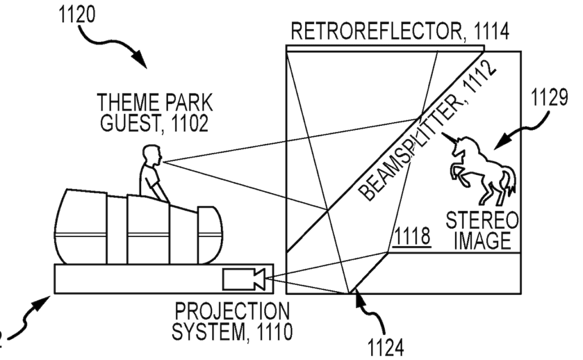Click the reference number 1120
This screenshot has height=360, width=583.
coord(77,14)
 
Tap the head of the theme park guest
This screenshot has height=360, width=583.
coord(152,154)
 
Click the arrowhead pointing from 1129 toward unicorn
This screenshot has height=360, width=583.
coord(497,145)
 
